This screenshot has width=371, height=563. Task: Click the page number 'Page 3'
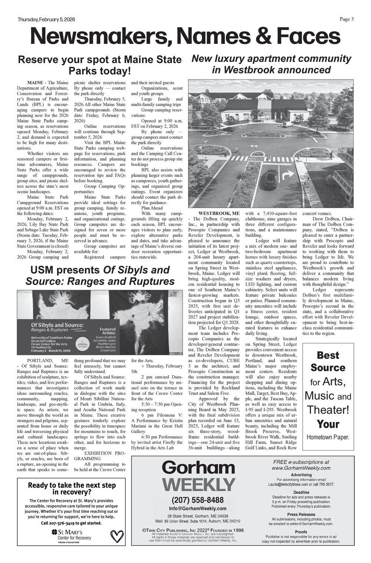point(347,19)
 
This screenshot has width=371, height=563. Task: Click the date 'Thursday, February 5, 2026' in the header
point(46,20)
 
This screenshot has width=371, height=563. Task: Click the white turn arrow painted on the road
point(288,175)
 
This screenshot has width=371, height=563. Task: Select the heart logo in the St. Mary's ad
point(117,536)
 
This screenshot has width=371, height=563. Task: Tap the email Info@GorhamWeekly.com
point(197,508)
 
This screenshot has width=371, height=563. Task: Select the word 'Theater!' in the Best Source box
point(328,410)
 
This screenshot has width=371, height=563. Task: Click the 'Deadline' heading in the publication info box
point(301,492)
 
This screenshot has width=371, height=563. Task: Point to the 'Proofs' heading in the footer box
point(301,532)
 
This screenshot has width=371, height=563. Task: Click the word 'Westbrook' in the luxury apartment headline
point(252,70)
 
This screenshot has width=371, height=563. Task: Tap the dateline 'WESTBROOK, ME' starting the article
point(219,213)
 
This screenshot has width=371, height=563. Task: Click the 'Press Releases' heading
point(301,514)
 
